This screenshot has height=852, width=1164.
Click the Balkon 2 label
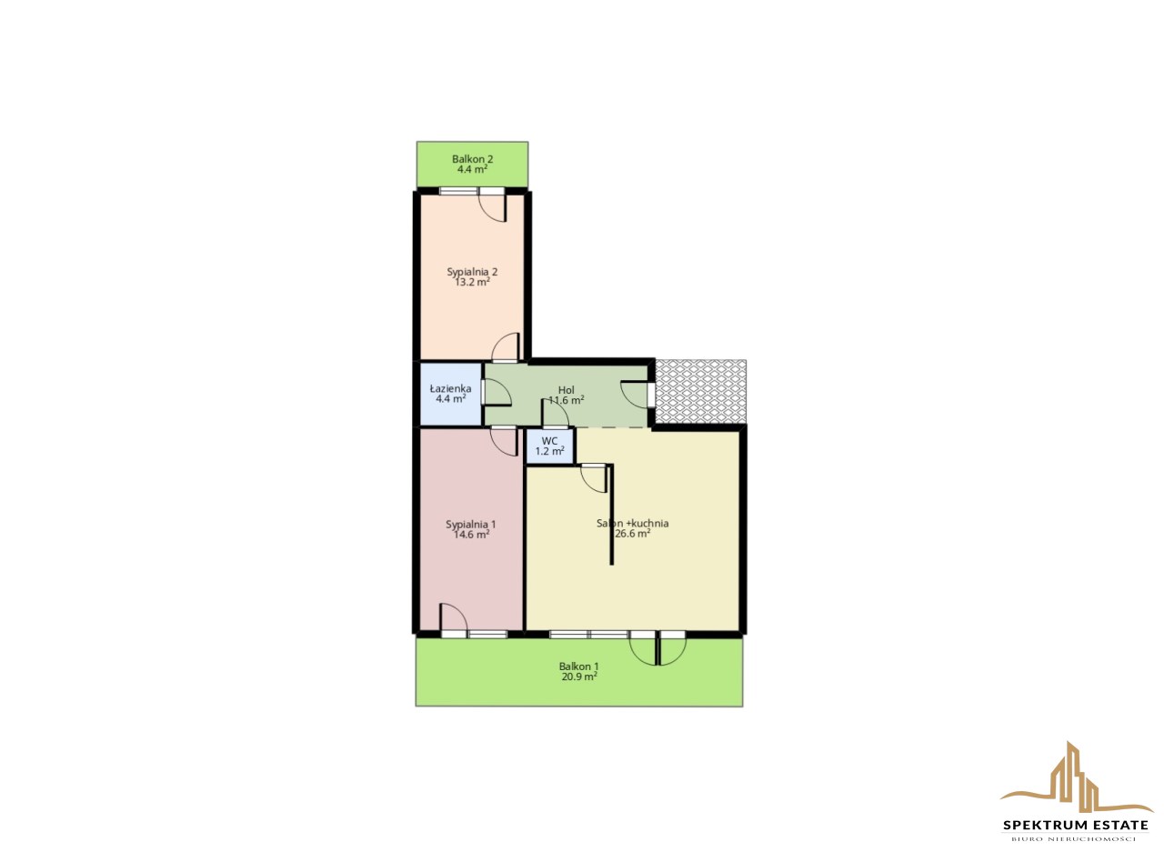click(472, 159)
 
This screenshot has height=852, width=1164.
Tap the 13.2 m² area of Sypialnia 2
click(472, 283)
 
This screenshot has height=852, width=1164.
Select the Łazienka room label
click(450, 388)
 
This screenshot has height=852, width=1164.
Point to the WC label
click(550, 441)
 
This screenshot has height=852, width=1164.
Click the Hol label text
click(567, 390)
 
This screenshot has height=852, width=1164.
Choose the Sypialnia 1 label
click(471, 524)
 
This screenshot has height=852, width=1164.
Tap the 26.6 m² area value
click(633, 534)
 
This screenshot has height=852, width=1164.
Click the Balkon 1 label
click(579, 666)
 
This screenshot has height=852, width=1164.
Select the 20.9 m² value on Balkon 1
click(579, 677)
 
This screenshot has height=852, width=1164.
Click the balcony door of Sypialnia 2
click(492, 205)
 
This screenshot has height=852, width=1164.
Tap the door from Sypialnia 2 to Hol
click(506, 348)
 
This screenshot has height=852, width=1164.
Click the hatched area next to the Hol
click(701, 392)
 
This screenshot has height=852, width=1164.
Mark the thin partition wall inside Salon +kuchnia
click(612, 515)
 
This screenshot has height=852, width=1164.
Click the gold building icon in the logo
click(1077, 777)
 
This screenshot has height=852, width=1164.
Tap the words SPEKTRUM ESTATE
click(1076, 825)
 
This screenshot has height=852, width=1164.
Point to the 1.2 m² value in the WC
click(550, 451)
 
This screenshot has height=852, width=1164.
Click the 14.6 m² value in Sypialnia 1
click(471, 535)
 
